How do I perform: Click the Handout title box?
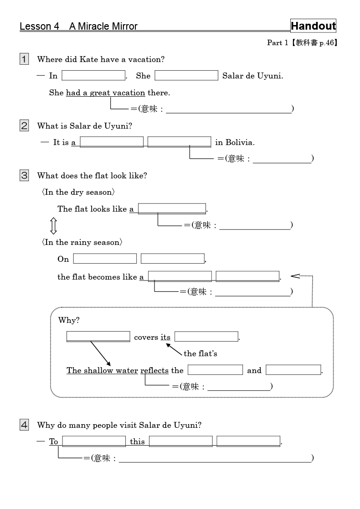[313, 26]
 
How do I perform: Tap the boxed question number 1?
[24, 59]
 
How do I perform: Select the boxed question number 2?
[24, 125]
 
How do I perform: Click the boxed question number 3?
[24, 175]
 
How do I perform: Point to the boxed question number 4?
[24, 425]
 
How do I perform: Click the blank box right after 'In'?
[93, 75]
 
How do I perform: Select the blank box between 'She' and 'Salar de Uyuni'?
[186, 75]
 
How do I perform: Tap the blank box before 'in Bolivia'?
[179, 142]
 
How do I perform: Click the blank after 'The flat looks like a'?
[172, 209]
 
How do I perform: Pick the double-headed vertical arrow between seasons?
[53, 226]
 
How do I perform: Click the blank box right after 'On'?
[105, 259]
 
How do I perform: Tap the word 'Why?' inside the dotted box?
[69, 320]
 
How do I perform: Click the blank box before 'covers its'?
[98, 337]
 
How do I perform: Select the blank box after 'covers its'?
[206, 337]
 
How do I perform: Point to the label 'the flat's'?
[201, 353]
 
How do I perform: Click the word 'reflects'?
[154, 370]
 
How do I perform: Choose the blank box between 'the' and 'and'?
[215, 370]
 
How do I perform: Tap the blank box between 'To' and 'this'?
[94, 441]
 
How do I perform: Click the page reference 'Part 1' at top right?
[277, 43]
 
